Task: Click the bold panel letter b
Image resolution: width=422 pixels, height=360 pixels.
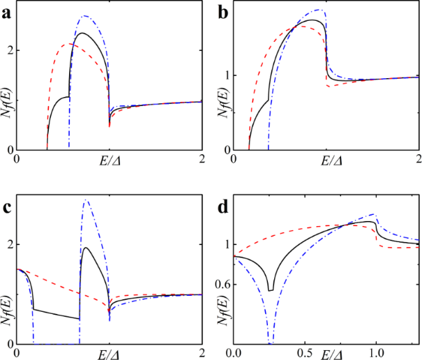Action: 223,10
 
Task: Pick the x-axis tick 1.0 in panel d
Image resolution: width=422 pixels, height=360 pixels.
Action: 377,352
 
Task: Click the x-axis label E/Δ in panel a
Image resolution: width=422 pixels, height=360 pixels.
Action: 107,161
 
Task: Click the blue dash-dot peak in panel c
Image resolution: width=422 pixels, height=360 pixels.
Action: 86,200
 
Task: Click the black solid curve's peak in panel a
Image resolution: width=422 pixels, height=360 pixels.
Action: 82,33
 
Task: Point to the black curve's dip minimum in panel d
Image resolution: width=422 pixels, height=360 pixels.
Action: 271,290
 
